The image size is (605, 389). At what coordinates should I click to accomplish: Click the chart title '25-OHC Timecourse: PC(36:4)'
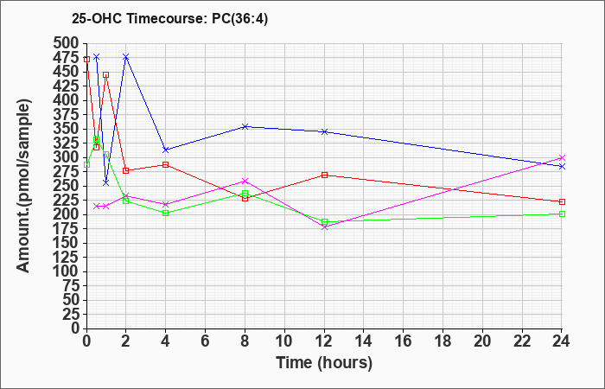[169, 18]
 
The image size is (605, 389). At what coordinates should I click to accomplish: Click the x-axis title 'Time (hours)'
[324, 363]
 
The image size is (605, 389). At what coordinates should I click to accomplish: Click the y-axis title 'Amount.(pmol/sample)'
[23, 186]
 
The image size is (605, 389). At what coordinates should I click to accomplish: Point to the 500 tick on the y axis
[68, 43]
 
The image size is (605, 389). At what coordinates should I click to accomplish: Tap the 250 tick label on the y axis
[68, 186]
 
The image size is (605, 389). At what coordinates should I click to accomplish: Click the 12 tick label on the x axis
[324, 341]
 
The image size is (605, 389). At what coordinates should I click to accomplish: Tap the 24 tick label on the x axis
[562, 341]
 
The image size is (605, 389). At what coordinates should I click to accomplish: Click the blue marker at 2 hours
[126, 57]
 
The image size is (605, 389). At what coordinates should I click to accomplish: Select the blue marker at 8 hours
[245, 126]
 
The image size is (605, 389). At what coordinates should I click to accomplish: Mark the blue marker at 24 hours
[562, 166]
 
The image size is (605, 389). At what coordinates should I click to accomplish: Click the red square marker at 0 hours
[86, 59]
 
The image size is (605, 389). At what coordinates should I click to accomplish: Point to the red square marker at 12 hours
[324, 175]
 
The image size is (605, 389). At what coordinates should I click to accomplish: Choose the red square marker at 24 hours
[562, 201]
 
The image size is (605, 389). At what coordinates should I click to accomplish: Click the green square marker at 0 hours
[86, 165]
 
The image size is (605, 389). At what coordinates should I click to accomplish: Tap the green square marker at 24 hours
[562, 214]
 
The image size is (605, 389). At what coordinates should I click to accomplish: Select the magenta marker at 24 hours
[562, 158]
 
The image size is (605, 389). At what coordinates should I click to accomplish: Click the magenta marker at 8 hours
[245, 181]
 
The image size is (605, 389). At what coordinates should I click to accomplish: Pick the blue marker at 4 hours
[166, 150]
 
